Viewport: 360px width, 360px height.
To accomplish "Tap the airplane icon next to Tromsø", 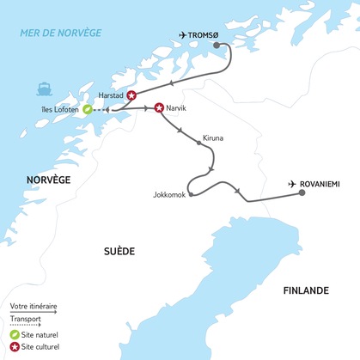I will (182, 34).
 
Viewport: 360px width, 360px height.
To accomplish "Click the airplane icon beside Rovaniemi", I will (294, 184).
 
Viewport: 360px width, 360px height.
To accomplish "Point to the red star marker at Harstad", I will (131, 96).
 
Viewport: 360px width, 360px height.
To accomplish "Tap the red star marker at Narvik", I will (159, 108).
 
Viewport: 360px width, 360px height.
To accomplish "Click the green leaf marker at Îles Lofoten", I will (88, 109).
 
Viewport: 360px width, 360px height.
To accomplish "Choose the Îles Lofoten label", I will (58, 109).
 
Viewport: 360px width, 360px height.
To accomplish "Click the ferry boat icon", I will (45, 87).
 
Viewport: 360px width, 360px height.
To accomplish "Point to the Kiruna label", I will (213, 137).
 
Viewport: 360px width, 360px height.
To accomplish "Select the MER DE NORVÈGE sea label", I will (61, 33).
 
